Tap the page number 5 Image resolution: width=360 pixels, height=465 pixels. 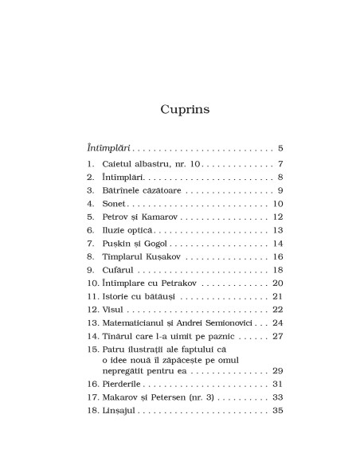281,148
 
